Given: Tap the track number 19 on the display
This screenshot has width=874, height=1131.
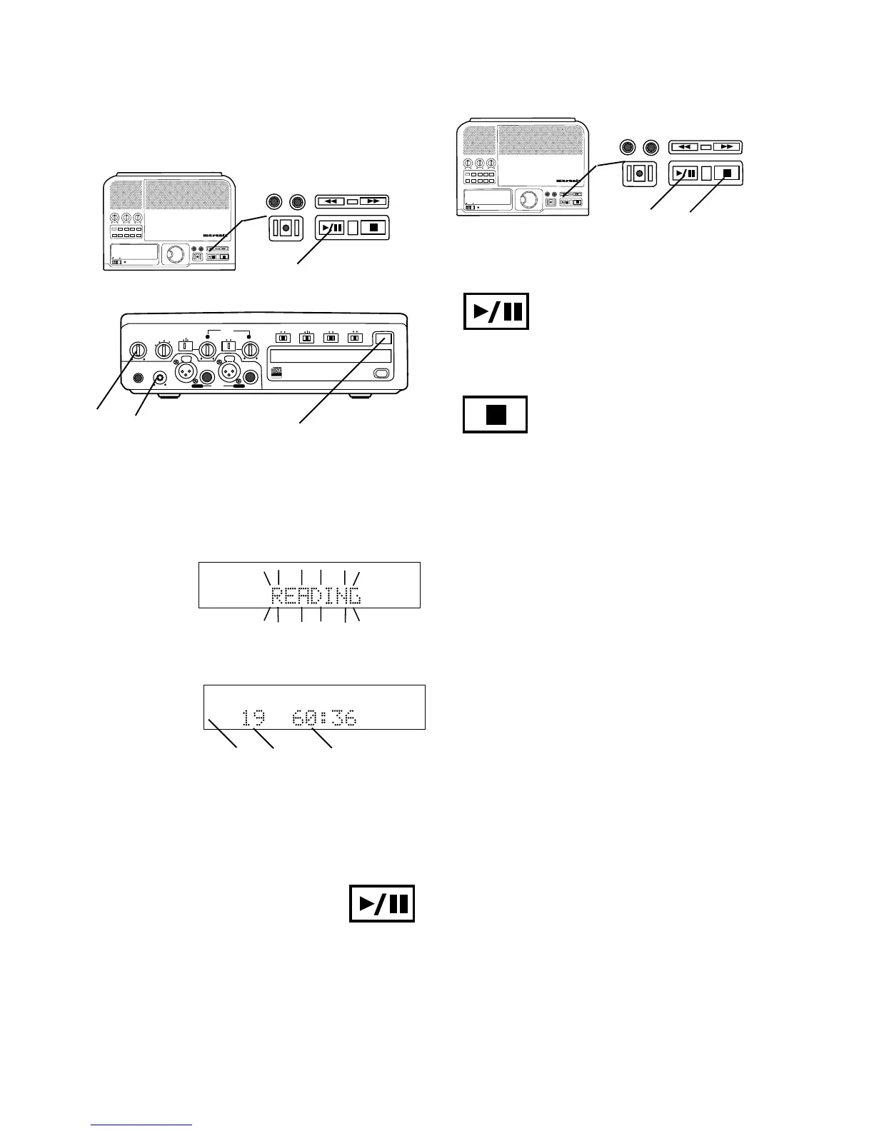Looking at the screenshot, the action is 252,718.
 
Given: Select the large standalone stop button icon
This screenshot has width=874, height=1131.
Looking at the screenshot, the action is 496,414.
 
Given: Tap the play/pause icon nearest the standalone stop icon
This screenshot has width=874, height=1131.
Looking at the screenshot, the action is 496,311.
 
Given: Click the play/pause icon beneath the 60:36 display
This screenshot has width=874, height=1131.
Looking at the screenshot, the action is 382,904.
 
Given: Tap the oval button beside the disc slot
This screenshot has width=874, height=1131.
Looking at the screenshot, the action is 381,373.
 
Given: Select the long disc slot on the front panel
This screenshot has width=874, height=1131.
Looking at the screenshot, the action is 330,356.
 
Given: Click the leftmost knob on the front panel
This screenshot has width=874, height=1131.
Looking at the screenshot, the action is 138,351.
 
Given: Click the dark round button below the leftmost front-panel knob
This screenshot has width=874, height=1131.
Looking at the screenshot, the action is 138,378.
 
